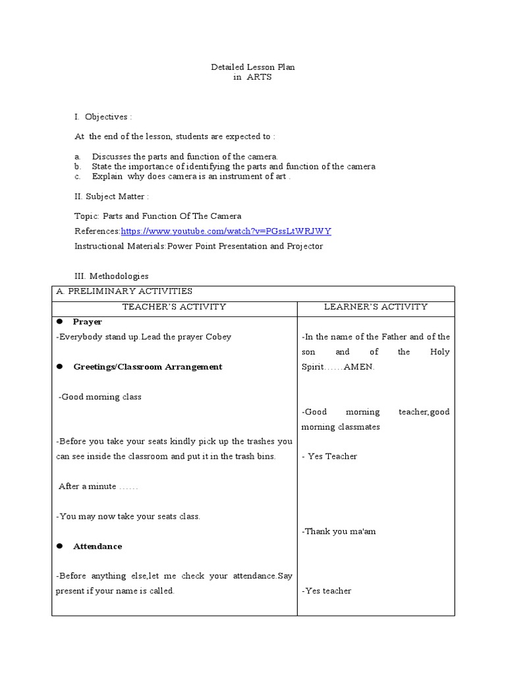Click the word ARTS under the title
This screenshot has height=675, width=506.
pos(259,77)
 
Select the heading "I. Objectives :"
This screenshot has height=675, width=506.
pos(103,117)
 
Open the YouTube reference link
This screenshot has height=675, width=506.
pos(226,231)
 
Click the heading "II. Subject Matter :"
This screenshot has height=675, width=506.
pos(111,196)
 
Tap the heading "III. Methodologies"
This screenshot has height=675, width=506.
pos(111,276)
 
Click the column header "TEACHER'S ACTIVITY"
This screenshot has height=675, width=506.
pos(174,307)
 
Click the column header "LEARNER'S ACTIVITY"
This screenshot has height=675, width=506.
pos(376,307)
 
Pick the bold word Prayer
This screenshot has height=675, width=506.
pos(87,322)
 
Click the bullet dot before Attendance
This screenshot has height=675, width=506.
pos(59,546)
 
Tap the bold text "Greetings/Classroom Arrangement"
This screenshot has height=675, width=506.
pos(148,367)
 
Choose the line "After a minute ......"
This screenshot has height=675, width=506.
pos(98,486)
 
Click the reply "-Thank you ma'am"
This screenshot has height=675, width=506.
pos(339,531)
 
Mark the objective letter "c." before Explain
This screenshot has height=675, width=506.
pos(77,177)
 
